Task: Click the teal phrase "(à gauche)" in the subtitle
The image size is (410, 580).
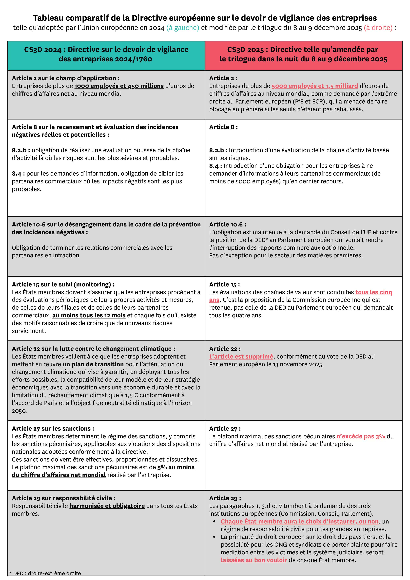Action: (183, 28)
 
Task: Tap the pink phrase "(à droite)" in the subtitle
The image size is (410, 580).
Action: (378, 28)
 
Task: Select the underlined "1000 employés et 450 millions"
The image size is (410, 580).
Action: (119, 86)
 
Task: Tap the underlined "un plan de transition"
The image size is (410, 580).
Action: (93, 364)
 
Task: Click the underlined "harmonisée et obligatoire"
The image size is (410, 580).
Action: (107, 506)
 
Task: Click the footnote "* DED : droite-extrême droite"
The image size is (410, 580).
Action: (45, 573)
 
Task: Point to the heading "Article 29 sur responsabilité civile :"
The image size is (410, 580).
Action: (64, 498)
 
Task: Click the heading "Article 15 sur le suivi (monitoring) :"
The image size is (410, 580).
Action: (63, 284)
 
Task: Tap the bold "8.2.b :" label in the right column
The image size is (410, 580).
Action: (218, 150)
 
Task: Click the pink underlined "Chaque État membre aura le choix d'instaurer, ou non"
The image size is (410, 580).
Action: (300, 521)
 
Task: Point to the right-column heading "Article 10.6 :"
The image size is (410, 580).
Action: (228, 225)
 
